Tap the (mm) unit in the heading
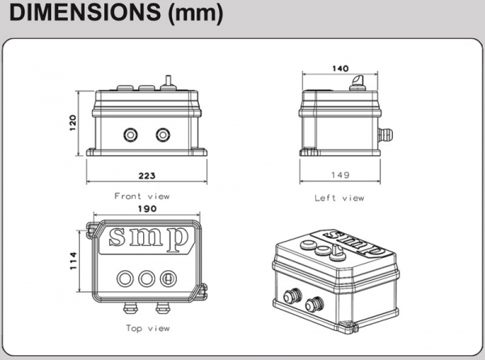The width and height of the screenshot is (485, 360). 193,14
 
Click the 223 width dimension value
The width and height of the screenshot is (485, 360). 146,175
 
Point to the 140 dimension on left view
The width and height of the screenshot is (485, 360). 339,70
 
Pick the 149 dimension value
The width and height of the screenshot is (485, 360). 339,175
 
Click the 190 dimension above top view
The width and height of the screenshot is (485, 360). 146,209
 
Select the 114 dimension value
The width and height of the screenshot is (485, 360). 72,260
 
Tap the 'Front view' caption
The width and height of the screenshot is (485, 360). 142,196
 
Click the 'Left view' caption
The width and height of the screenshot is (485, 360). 339,197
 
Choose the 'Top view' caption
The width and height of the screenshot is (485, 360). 147,328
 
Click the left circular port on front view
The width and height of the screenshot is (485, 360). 129,133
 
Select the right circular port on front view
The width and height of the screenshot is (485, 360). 165,133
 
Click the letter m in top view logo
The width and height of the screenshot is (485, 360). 146,238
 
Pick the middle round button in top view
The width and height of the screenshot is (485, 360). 147,277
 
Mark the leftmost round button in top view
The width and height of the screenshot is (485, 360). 126,277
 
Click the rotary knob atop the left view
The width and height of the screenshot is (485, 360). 356,83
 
